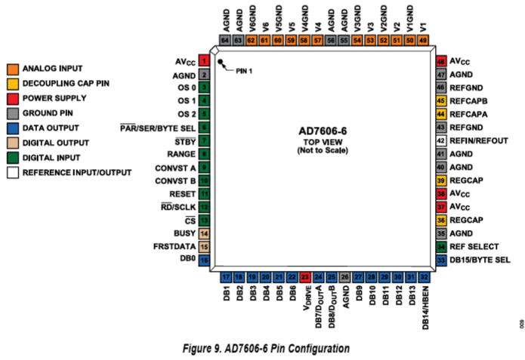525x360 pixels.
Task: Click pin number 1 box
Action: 204,60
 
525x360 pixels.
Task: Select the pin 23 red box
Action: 305,278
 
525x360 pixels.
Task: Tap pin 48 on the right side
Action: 441,60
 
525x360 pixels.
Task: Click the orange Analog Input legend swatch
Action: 12,68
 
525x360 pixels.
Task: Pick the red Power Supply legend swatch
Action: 12,97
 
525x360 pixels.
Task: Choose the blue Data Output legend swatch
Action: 12,128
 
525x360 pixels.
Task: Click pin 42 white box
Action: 441,140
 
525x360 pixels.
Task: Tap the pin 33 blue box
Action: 441,260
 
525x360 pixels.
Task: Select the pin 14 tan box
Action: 204,232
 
